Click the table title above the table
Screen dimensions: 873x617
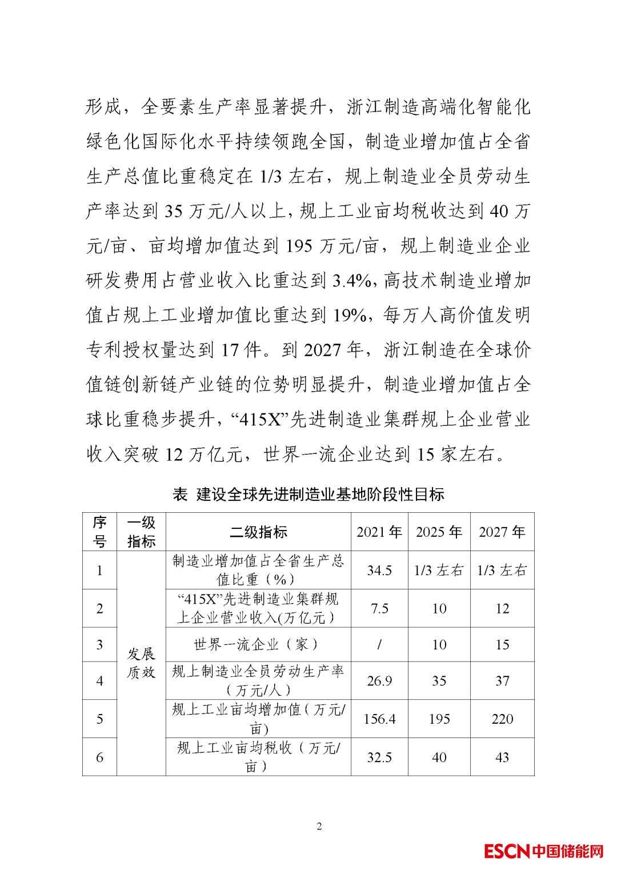(308, 495)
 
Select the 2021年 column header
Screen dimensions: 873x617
(379, 532)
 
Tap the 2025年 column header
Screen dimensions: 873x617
(439, 532)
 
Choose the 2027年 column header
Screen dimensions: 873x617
(502, 532)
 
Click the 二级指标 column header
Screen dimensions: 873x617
(258, 532)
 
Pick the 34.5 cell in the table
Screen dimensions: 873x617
(379, 571)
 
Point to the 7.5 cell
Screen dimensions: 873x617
(379, 609)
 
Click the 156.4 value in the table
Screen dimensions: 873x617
(379, 719)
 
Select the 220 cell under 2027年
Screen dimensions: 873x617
(502, 719)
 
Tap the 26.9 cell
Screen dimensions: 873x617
(379, 681)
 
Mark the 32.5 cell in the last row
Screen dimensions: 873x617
(379, 758)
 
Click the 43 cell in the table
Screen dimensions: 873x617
(502, 758)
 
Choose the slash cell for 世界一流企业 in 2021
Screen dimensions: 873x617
(379, 645)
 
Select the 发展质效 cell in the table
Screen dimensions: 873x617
(141, 663)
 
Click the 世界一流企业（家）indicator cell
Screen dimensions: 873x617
(258, 645)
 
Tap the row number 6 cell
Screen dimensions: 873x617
(99, 758)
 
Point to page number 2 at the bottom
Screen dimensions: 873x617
(319, 826)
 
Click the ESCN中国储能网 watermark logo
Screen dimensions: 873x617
(543, 851)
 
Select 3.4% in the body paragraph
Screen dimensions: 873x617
(352, 281)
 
